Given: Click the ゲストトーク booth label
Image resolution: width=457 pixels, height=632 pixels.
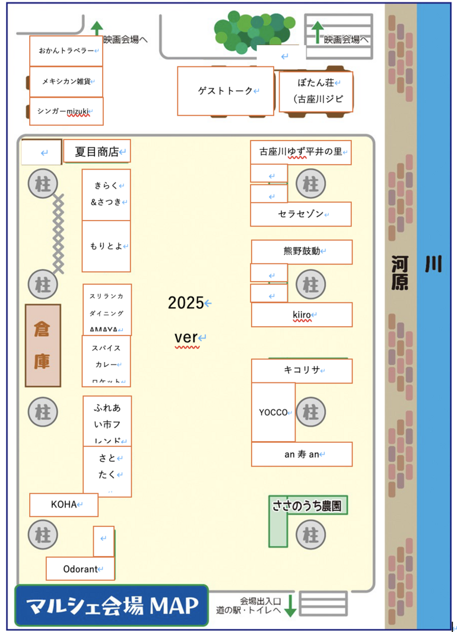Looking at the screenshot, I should [x=225, y=91].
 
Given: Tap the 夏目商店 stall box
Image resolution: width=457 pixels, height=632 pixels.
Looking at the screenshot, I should [x=97, y=152].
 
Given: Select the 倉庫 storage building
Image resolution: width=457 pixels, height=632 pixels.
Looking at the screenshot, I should [x=43, y=346].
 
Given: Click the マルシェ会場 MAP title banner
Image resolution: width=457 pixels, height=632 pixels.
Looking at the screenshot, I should [x=112, y=605].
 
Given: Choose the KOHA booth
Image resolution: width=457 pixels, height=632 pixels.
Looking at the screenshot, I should [x=64, y=505].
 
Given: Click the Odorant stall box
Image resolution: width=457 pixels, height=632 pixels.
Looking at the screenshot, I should [x=80, y=569].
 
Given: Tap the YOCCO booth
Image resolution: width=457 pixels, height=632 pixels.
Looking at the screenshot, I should [x=273, y=412].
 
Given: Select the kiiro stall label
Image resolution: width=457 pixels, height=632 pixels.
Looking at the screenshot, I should [x=302, y=315].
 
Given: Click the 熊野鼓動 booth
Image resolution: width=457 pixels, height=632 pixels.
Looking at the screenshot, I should [x=302, y=251].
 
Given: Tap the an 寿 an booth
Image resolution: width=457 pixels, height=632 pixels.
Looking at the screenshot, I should [x=302, y=455].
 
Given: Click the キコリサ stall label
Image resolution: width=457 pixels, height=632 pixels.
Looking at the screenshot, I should [x=302, y=371].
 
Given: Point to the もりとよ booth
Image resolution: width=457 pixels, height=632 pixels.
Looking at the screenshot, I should [x=106, y=246].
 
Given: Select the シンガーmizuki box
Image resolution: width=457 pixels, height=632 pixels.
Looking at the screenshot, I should [x=66, y=111].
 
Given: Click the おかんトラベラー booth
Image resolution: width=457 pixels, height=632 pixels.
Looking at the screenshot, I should [x=66, y=51].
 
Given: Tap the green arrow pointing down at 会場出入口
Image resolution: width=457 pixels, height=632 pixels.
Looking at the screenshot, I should [x=290, y=606].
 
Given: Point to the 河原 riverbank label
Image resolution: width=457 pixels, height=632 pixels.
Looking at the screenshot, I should [x=400, y=273].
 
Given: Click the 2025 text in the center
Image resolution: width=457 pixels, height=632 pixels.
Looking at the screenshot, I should [x=186, y=303].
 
